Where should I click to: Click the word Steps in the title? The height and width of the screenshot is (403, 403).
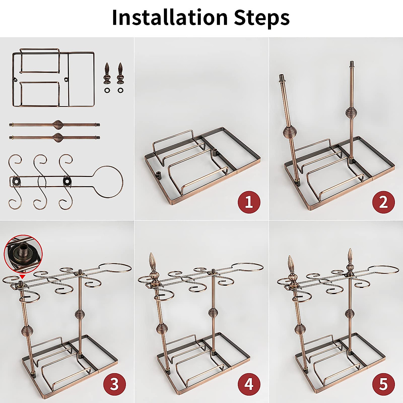click(262, 17)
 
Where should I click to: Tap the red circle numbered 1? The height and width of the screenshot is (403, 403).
click(249, 202)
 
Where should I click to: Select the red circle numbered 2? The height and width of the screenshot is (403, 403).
click(383, 202)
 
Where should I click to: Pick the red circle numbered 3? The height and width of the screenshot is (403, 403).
click(115, 384)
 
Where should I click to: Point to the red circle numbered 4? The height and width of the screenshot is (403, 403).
click(249, 384)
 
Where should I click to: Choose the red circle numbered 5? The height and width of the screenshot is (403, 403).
click(383, 384)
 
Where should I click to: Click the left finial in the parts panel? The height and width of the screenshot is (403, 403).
click(107, 72)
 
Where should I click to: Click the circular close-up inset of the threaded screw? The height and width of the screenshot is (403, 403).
click(23, 253)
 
